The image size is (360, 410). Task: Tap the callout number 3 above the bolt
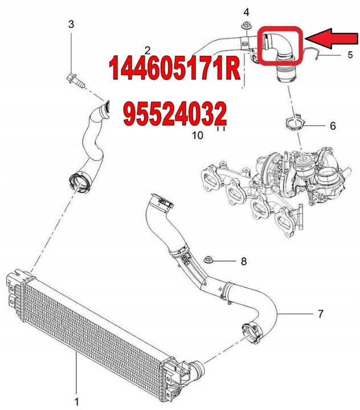click(x=71, y=24)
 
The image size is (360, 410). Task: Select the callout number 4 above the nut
click(x=246, y=12)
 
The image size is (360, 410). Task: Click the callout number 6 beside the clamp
click(x=333, y=126)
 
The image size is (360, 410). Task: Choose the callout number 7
click(x=320, y=314)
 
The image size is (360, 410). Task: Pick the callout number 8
click(x=244, y=261)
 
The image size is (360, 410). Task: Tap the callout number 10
click(x=197, y=135)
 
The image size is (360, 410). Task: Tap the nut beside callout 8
click(x=208, y=259)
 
